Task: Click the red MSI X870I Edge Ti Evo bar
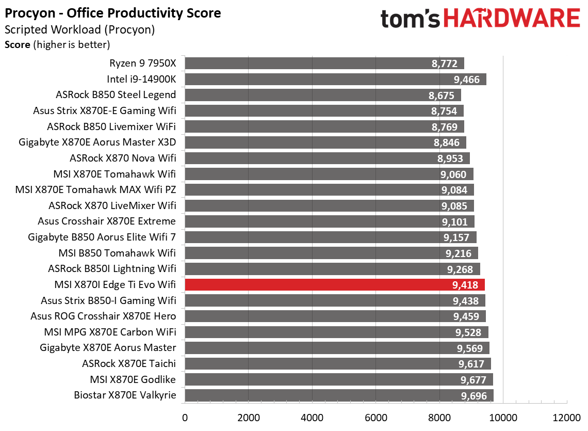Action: tap(334, 284)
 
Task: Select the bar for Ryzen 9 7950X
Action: tap(324, 63)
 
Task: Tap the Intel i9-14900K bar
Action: tap(335, 79)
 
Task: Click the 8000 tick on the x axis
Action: tap(439, 417)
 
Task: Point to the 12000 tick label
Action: tap(566, 417)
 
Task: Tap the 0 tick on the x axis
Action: tap(185, 417)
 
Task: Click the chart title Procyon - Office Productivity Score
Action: tap(113, 13)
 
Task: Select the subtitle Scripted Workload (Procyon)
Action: tap(79, 30)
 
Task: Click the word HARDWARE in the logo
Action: tap(511, 19)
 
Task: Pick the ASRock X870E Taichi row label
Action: tap(129, 364)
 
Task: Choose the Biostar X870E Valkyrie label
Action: tap(125, 396)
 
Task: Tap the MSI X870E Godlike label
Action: tap(133, 380)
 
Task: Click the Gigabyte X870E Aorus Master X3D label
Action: tap(97, 142)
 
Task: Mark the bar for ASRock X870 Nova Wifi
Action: tap(327, 158)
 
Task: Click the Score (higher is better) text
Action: tap(57, 45)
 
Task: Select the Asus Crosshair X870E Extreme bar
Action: tap(329, 221)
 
